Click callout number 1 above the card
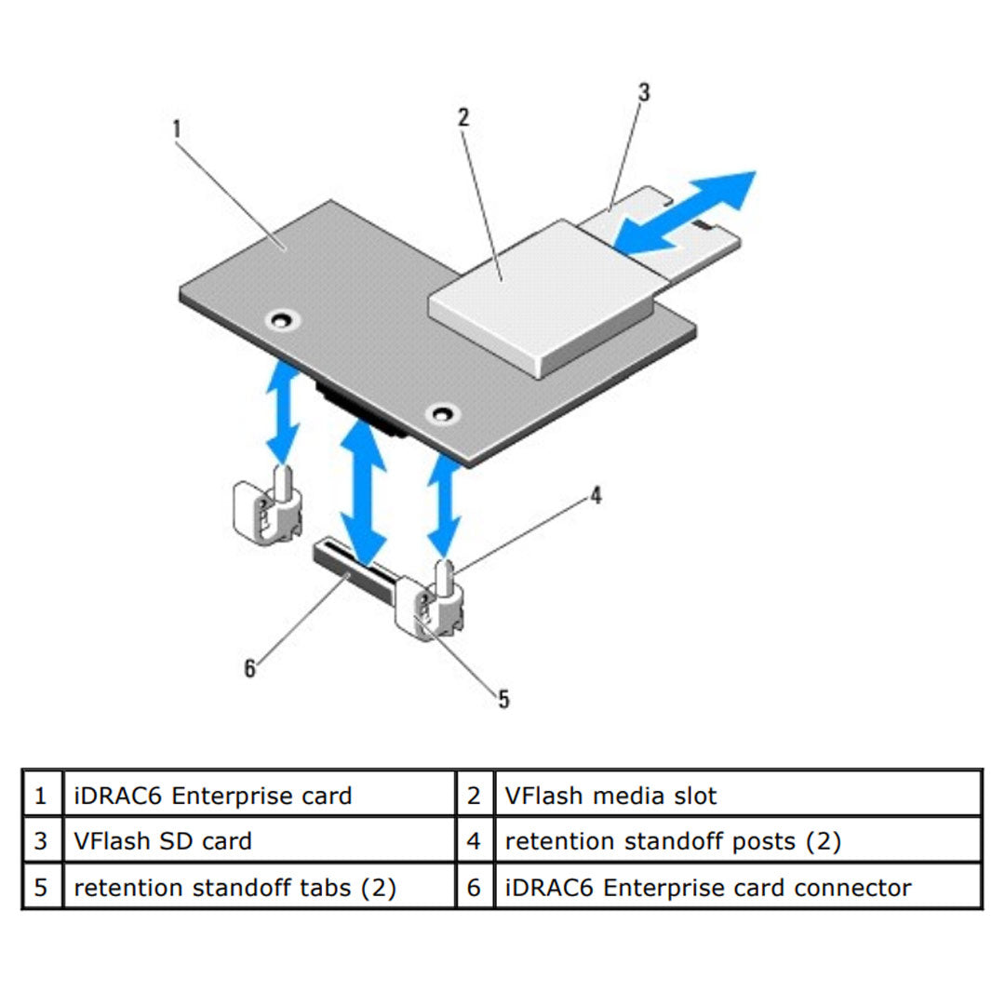click(x=176, y=127)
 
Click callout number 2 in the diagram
click(x=462, y=117)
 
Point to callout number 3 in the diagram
click(x=643, y=92)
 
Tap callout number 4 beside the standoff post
click(x=595, y=495)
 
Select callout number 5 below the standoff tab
click(x=503, y=698)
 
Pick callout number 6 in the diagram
click(x=249, y=668)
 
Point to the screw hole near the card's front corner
click(x=442, y=412)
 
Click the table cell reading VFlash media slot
click(x=610, y=796)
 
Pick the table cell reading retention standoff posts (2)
click(x=672, y=841)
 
